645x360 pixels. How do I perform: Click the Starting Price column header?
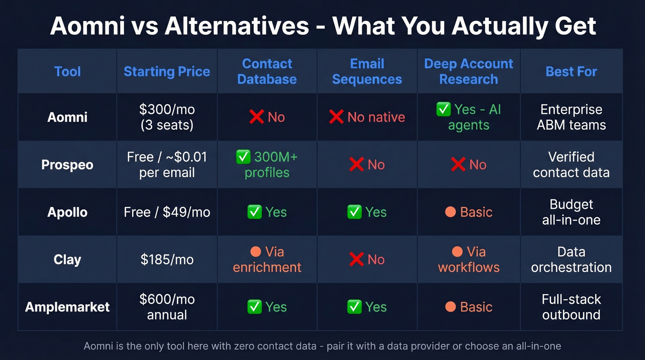(167, 71)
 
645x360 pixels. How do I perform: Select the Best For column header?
(571, 71)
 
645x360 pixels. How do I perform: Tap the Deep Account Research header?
(469, 71)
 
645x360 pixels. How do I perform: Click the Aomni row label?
(67, 117)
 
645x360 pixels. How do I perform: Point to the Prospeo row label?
(67, 165)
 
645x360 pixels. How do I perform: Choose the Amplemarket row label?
(67, 307)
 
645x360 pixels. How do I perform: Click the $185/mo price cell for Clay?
(167, 260)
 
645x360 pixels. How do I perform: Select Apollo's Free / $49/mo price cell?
(167, 212)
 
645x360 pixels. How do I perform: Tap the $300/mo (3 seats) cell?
(167, 117)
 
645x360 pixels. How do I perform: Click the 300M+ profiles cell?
(267, 165)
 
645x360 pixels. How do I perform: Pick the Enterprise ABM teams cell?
(571, 117)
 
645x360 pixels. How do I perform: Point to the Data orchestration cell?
(571, 260)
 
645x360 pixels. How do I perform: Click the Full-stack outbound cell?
(571, 307)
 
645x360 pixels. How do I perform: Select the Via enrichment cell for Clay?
(267, 260)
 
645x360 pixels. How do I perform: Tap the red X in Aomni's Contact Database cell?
(256, 117)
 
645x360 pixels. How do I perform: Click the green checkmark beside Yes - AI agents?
(443, 110)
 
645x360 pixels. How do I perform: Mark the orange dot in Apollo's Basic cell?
(451, 212)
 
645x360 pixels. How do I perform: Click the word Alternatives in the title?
(237, 26)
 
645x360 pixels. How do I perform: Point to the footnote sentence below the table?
(322, 346)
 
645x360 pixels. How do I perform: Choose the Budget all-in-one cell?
(571, 212)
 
